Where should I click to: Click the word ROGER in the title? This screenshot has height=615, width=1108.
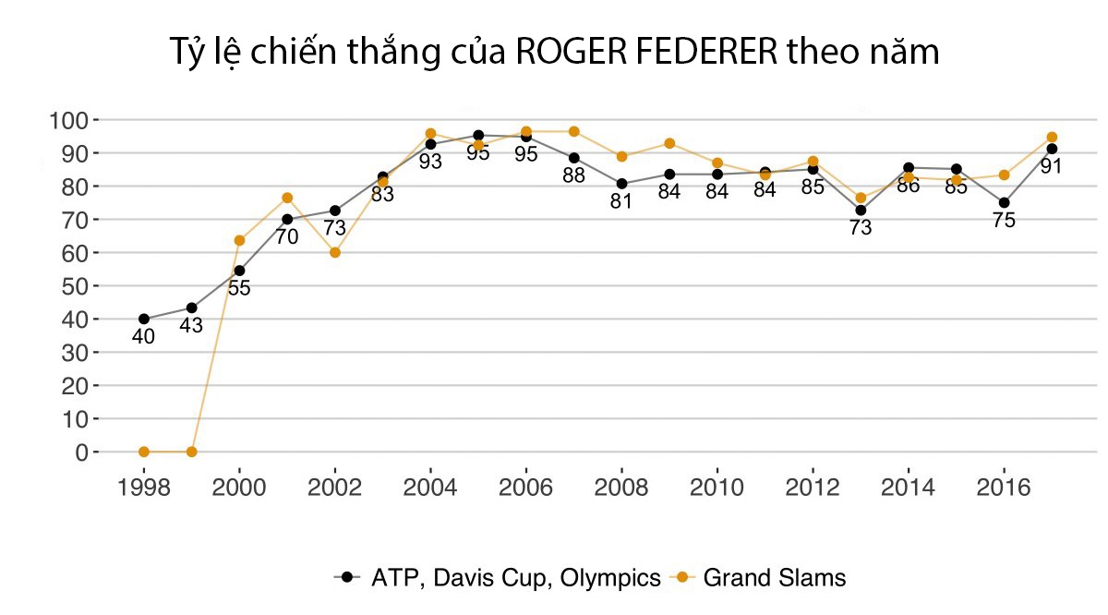tap(560, 53)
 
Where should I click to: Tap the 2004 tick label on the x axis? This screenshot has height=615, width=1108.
tap(430, 488)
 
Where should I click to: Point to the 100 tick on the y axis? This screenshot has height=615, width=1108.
tap(68, 120)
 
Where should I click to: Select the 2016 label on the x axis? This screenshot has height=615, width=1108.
tap(1004, 488)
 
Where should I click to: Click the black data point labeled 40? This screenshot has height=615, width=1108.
tap(144, 319)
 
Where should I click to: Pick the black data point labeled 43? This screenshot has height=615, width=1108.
tap(191, 307)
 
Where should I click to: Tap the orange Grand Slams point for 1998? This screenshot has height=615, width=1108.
tap(144, 452)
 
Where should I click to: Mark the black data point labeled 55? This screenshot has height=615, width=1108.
tap(239, 271)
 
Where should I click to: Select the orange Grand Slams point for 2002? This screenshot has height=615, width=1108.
tap(335, 252)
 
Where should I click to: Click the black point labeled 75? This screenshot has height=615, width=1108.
tap(1004, 202)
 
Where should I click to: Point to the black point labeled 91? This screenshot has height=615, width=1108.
tap(1052, 149)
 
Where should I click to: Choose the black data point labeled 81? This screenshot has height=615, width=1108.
tap(621, 184)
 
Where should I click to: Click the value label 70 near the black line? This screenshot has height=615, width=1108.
tap(287, 237)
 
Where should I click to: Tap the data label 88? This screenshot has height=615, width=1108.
tap(573, 175)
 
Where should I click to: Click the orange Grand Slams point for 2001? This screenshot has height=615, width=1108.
tap(287, 198)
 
